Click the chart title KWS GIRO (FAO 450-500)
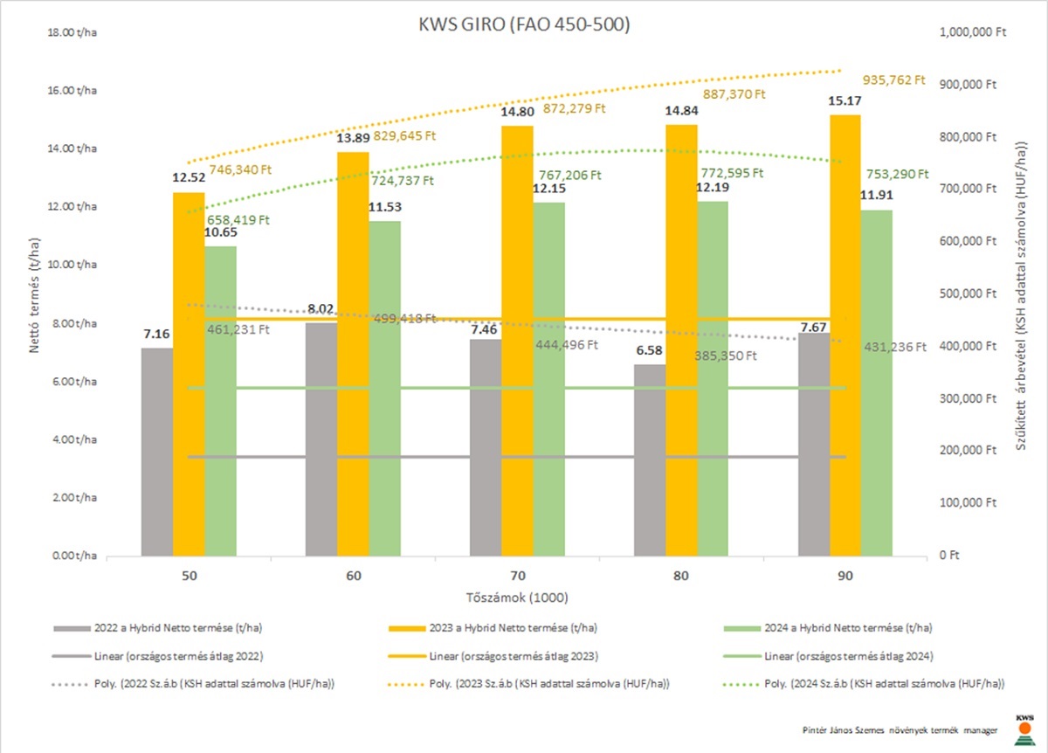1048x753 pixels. [x=524, y=24]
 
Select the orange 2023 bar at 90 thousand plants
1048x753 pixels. [x=845, y=335]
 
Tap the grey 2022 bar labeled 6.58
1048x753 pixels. [x=650, y=460]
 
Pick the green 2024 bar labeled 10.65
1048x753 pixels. [x=220, y=401]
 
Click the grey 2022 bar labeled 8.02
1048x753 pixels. [x=321, y=439]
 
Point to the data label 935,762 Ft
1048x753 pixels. [x=893, y=80]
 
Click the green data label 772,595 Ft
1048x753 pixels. [x=732, y=173]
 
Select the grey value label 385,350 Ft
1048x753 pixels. [x=725, y=356]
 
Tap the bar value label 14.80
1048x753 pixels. [x=517, y=112]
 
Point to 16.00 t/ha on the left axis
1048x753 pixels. [x=72, y=90]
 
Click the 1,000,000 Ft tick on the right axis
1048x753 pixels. [x=973, y=32]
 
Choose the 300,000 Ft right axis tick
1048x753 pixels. [x=968, y=398]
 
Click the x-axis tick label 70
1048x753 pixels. [x=517, y=576]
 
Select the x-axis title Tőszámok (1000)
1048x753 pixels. [x=517, y=598]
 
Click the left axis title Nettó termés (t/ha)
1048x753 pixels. [x=34, y=295]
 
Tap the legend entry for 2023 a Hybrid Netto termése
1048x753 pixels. [x=493, y=628]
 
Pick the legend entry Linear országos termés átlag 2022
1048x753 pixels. [x=158, y=656]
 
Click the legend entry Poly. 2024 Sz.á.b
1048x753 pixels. [x=864, y=684]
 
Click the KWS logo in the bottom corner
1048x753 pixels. [x=1024, y=730]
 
